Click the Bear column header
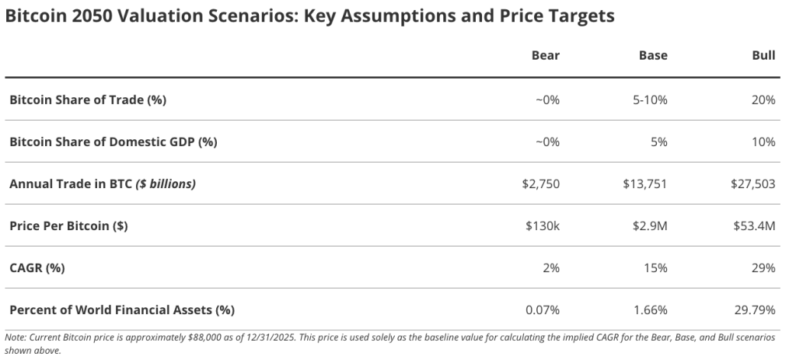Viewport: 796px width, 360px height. [545, 55]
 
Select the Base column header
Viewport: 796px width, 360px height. [653, 55]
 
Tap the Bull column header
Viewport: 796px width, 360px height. [763, 55]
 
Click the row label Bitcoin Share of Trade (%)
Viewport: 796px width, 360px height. [88, 100]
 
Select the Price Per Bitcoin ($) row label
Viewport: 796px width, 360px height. [68, 226]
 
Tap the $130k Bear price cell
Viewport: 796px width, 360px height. [542, 226]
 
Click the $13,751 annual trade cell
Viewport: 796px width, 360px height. [644, 184]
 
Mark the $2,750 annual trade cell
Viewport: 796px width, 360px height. [540, 184]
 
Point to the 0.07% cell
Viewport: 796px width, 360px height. [543, 309]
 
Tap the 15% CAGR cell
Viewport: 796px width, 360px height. [656, 267]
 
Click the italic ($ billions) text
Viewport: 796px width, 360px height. [166, 184]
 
